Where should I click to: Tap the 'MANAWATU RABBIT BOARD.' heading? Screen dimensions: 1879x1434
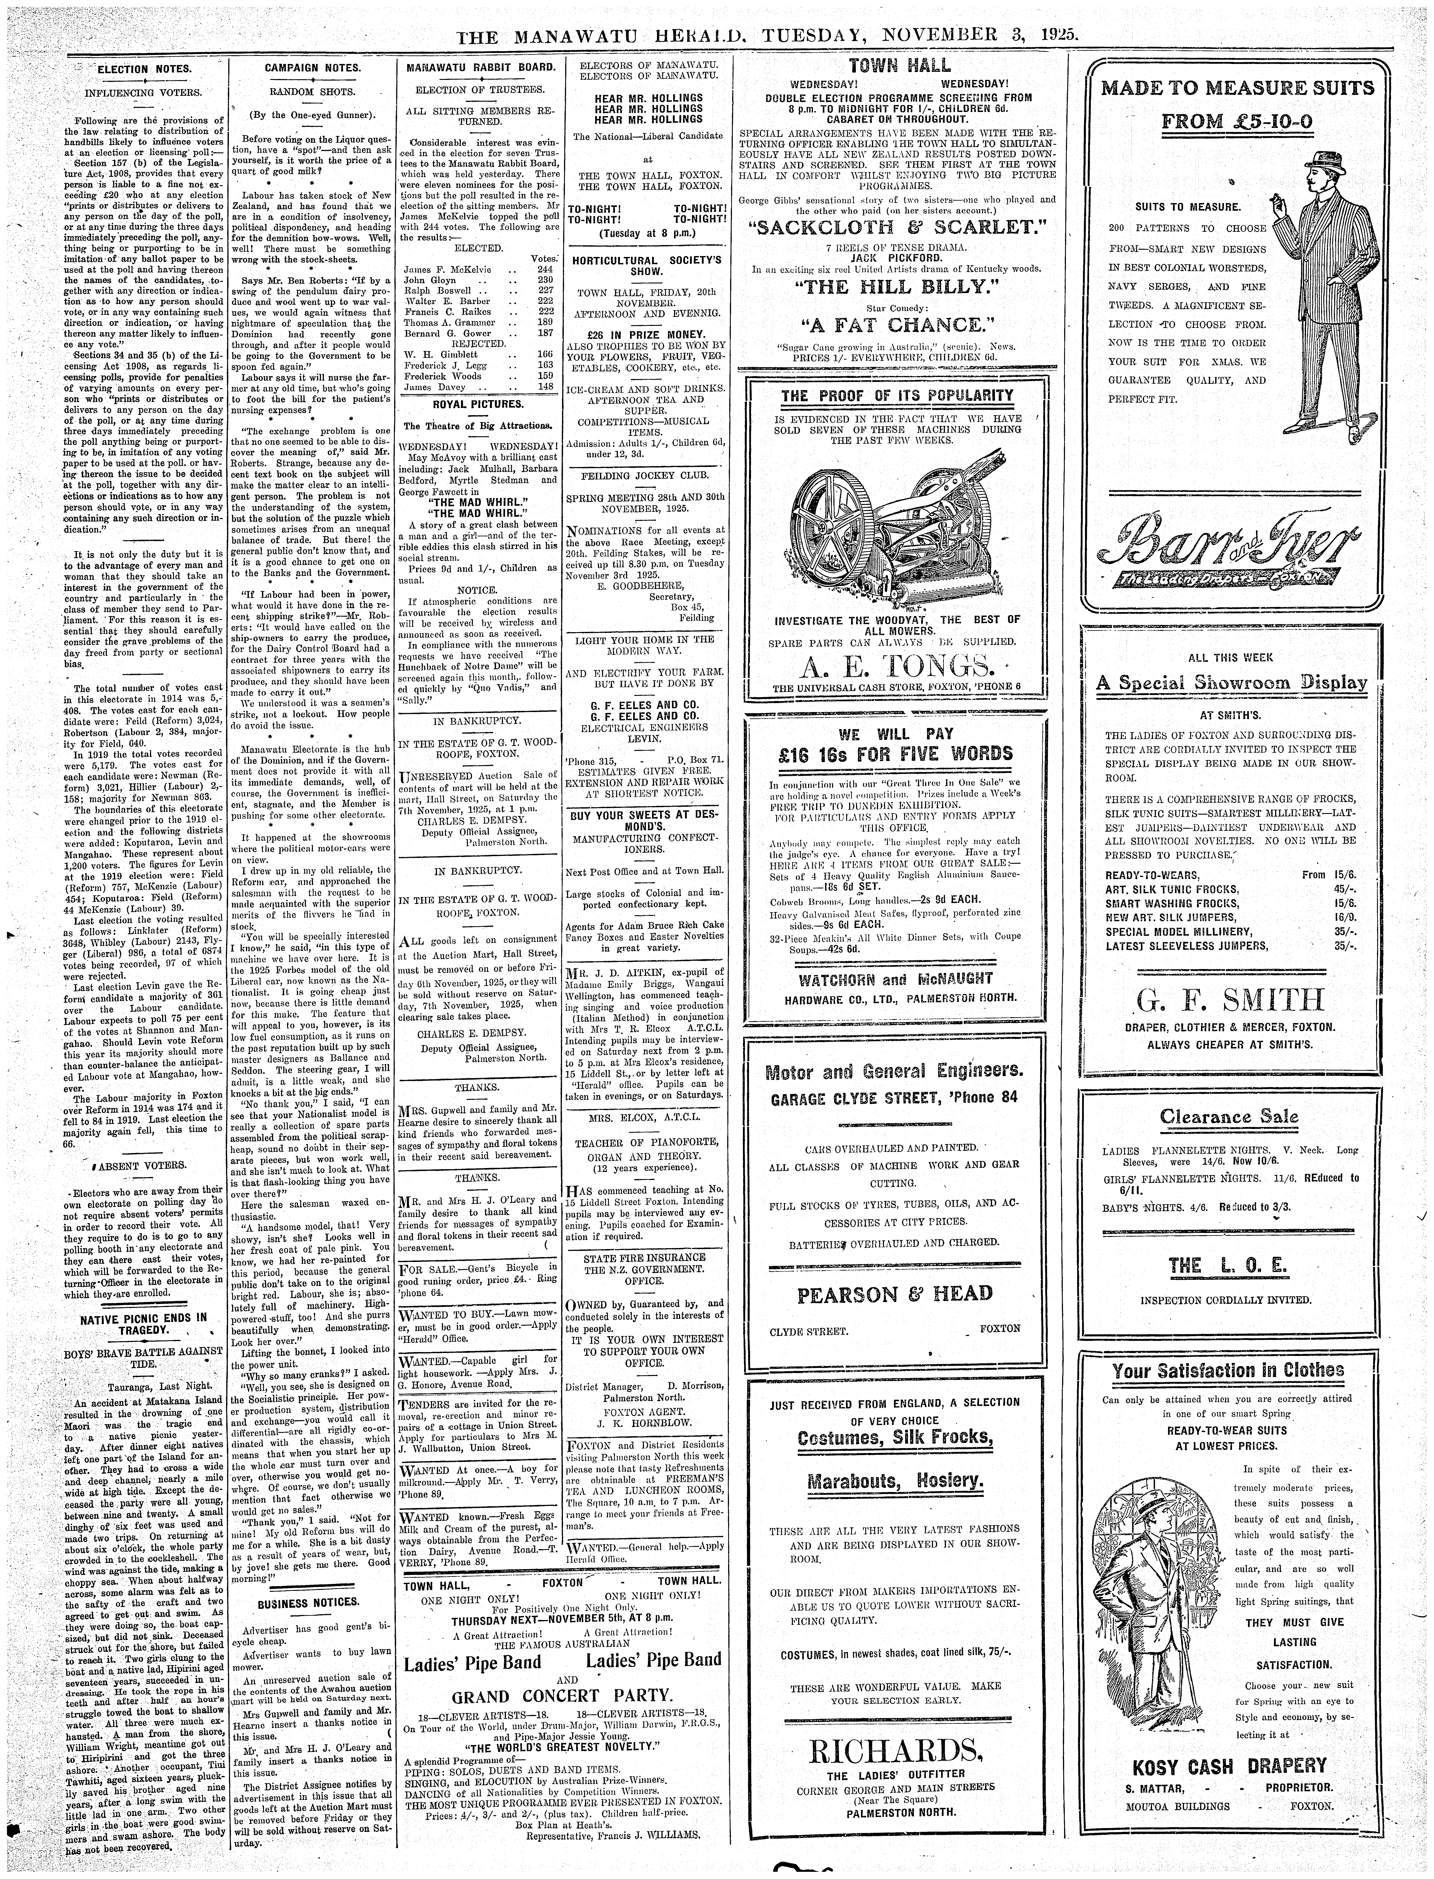click(481, 67)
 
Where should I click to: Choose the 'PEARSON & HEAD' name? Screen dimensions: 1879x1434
click(895, 1294)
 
